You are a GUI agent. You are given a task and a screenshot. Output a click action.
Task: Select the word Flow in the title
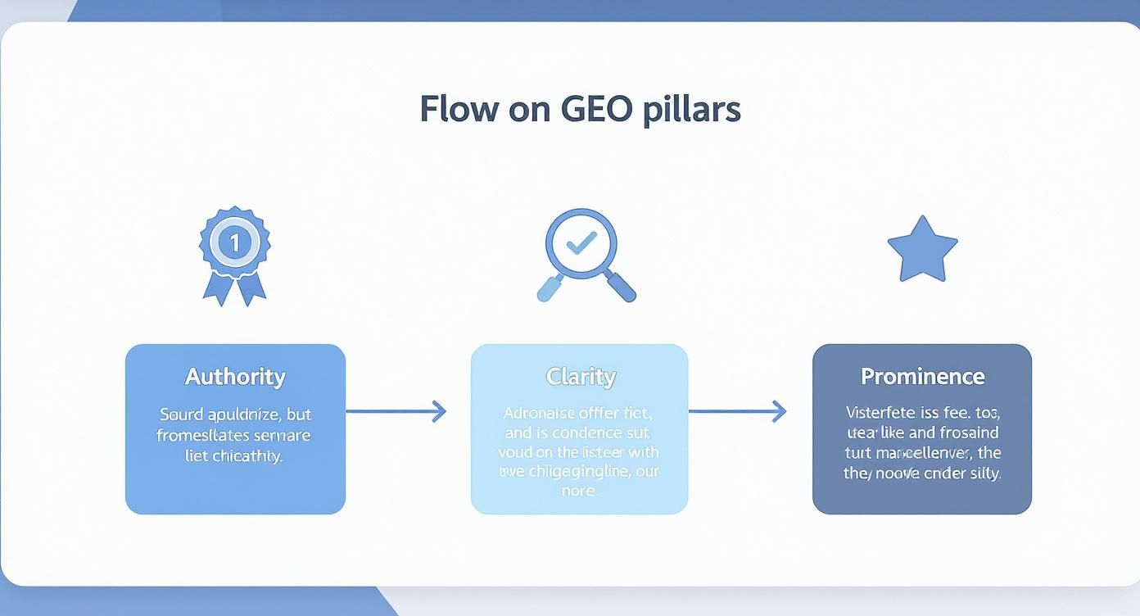click(459, 109)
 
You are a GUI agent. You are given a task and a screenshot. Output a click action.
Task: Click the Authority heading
click(235, 377)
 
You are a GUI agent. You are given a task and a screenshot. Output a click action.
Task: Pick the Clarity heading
click(580, 377)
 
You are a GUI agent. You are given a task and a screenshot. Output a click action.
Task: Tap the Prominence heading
click(922, 377)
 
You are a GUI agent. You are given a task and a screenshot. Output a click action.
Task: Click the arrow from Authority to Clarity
click(396, 410)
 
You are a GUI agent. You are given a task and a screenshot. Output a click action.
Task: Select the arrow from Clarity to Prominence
click(737, 410)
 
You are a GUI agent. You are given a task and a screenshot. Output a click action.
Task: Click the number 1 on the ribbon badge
click(235, 242)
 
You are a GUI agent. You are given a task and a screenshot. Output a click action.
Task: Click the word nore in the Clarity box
click(578, 491)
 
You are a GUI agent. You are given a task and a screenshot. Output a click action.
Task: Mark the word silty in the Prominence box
click(983, 473)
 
